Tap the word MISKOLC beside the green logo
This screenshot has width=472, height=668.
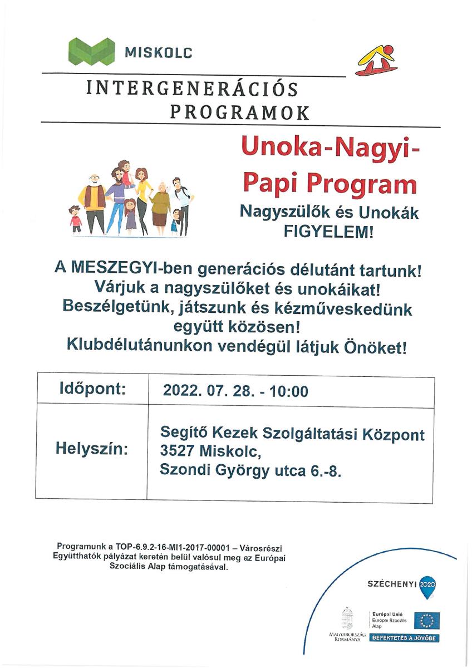pyautogui.click(x=159, y=53)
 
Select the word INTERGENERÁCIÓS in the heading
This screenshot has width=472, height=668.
pyautogui.click(x=192, y=89)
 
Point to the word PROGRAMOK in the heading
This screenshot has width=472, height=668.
pyautogui.click(x=239, y=113)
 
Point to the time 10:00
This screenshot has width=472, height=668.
pyautogui.click(x=288, y=391)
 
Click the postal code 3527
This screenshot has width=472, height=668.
pyautogui.click(x=178, y=452)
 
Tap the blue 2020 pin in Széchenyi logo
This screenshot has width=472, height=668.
pyautogui.click(x=427, y=585)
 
